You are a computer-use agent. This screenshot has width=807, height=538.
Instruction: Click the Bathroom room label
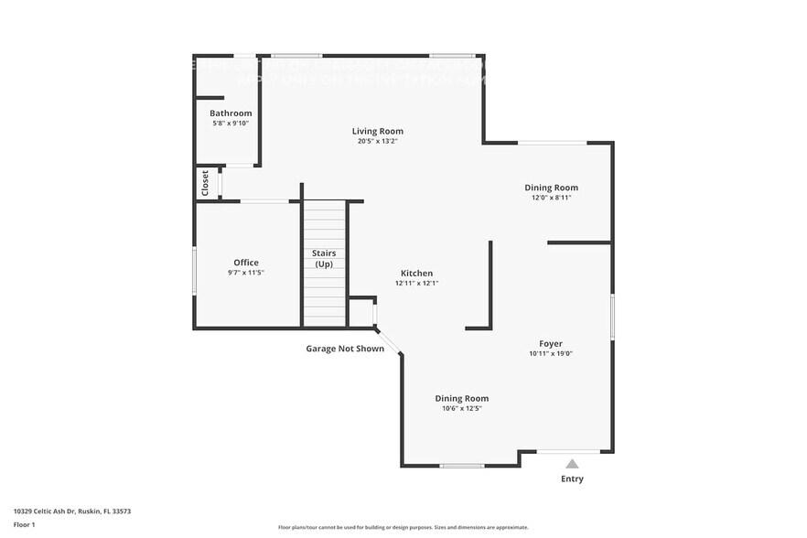231,113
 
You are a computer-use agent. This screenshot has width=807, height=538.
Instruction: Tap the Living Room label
378,131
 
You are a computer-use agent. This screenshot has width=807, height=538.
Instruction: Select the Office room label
246,263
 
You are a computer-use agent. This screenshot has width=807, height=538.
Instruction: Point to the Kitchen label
416,274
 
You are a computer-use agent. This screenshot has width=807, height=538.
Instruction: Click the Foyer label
551,344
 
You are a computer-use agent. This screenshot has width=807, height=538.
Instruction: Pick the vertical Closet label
205,182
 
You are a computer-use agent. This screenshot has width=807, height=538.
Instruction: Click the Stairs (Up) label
324,258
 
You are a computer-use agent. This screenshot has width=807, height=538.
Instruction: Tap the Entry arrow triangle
572,464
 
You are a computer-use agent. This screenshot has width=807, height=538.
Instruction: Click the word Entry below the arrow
572,479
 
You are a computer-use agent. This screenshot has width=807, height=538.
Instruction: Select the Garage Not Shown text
345,349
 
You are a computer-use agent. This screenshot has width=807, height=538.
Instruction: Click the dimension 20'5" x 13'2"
378,141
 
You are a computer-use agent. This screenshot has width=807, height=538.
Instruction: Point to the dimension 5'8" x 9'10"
231,124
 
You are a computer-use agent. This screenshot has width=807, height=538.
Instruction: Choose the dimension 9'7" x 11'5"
246,273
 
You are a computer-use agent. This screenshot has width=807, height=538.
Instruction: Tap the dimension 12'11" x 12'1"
416,284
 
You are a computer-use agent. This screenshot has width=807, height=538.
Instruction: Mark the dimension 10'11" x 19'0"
551,354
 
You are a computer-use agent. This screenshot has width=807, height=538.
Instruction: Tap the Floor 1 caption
24,525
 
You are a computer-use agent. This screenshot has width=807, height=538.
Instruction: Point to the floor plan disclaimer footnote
403,527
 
